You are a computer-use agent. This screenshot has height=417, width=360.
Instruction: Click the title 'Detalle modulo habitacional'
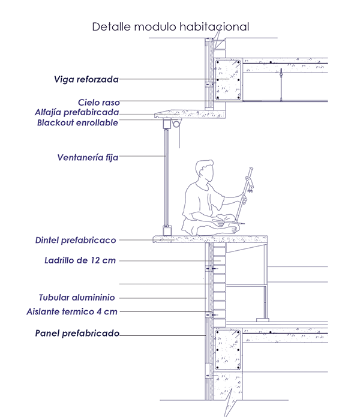coord(170,27)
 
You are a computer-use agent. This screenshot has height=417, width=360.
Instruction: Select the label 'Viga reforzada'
coord(86,79)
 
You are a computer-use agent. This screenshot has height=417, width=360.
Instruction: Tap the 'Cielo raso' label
coord(98,102)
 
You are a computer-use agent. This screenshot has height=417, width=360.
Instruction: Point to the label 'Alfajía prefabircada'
coord(77,112)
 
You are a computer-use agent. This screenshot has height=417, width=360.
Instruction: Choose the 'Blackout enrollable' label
coord(77,122)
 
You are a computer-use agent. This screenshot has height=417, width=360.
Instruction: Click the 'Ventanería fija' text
coord(88,157)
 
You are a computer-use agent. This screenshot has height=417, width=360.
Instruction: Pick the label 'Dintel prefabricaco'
coord(76,240)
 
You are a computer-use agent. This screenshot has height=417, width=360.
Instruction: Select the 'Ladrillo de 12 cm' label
coord(80,260)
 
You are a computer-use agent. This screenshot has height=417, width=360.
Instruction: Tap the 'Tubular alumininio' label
coord(77,298)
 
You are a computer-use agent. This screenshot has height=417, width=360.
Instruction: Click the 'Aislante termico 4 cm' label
coord(72,311)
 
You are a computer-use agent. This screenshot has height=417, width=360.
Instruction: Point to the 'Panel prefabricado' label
coord(77,333)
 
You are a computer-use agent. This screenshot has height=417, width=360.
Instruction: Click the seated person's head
coord(205,170)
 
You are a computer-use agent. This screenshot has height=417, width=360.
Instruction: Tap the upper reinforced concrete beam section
coord(228,80)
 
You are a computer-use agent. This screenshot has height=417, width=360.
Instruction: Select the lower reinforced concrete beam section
coord(228,350)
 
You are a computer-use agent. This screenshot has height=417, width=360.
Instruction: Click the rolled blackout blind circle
coord(176,124)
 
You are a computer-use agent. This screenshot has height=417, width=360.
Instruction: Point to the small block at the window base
coord(167,230)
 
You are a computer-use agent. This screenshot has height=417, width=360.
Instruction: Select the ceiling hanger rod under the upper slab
coord(281,85)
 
